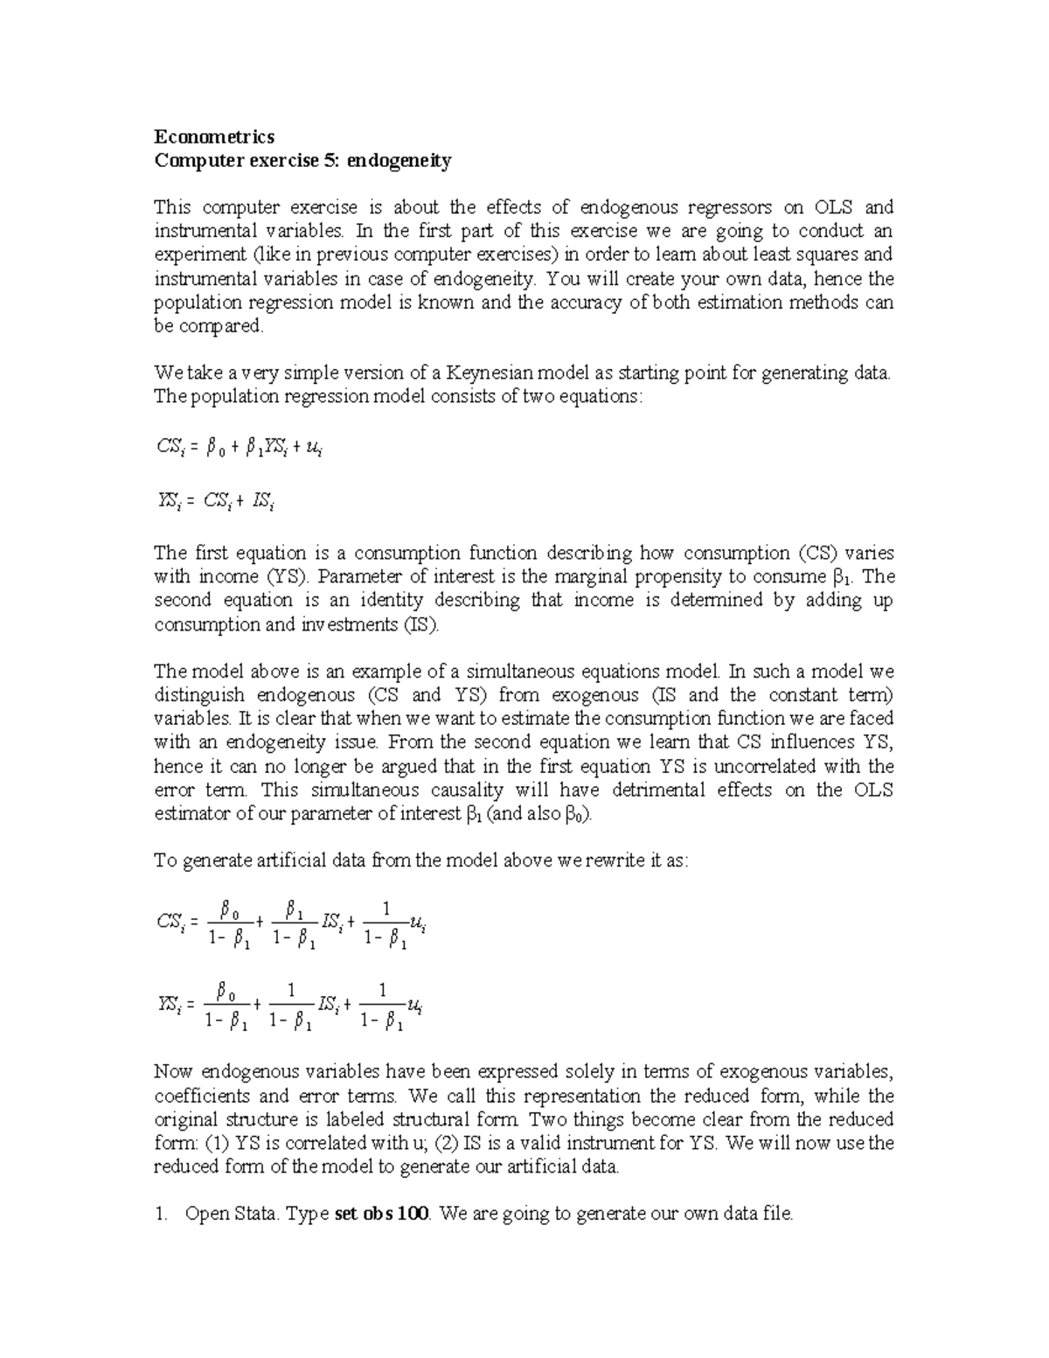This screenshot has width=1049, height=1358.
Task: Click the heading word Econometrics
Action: pyautogui.click(x=214, y=136)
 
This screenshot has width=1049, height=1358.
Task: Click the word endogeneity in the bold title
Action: pyautogui.click(x=399, y=161)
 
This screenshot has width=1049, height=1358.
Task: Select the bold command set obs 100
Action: pyautogui.click(x=382, y=1214)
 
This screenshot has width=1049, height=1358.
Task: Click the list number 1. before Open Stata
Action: pyautogui.click(x=160, y=1214)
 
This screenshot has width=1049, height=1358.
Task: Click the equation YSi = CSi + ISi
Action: pyautogui.click(x=216, y=501)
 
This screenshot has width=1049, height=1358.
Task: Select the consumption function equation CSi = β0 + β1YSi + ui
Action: pyautogui.click(x=240, y=448)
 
